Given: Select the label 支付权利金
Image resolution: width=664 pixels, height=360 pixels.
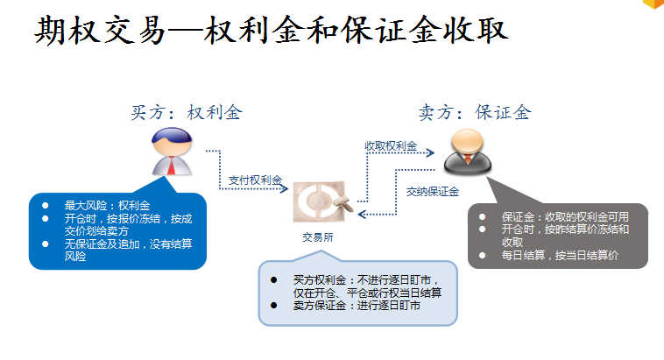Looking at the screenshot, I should click(x=256, y=180).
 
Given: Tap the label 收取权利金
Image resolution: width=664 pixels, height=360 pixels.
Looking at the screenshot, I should click(x=391, y=145).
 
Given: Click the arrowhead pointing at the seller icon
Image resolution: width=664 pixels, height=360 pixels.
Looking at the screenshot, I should click(x=431, y=153).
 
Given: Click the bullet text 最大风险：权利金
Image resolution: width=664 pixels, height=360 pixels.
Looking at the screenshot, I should click(x=95, y=205).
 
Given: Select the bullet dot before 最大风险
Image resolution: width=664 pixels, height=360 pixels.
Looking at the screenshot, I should click(x=46, y=205).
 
